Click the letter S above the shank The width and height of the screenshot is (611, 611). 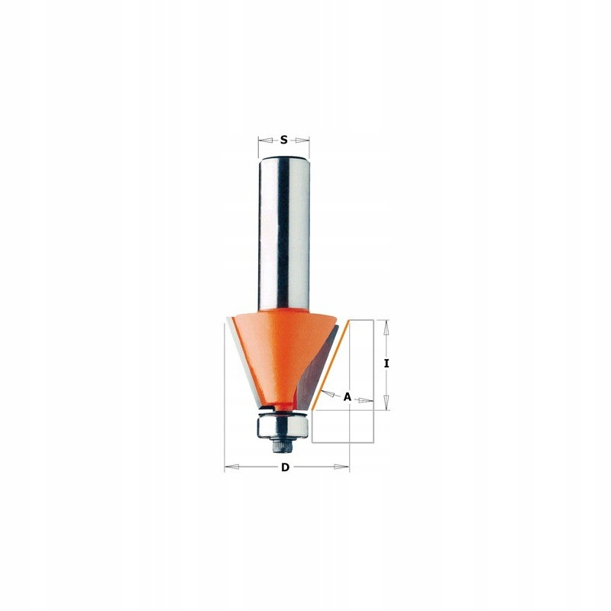click(283, 140)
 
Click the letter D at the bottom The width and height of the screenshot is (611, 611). click(285, 467)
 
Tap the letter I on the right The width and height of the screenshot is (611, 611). click(386, 364)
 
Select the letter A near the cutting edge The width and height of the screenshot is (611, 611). click(347, 397)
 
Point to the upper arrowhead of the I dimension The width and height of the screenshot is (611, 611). click(386, 325)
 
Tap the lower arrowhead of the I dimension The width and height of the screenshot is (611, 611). click(386, 405)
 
